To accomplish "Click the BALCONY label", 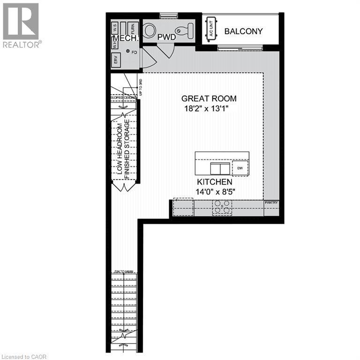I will tap(243, 31).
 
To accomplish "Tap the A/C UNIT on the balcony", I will tap(210, 30).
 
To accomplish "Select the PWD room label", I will tap(166, 36).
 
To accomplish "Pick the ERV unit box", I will tap(115, 60).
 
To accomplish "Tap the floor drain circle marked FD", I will tap(127, 52).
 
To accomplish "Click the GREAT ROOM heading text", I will tap(209, 98).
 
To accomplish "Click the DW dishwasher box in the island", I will tap(240, 168).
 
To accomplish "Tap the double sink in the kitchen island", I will tap(218, 168).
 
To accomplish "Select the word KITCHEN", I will tap(214, 181).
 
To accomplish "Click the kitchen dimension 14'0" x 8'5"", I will tap(214, 191).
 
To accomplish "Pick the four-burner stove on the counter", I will tap(222, 207).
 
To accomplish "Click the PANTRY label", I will tap(271, 203).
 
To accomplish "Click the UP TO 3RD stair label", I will tap(140, 88).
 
